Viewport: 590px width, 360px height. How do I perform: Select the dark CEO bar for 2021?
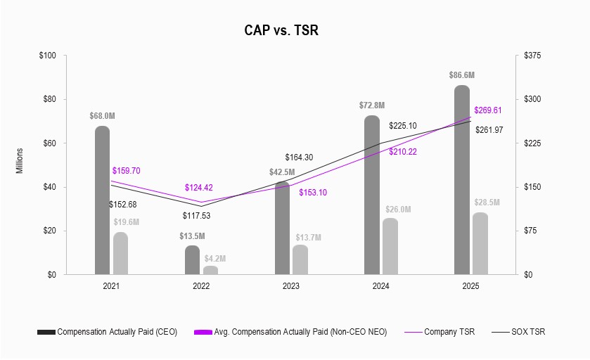(103, 200)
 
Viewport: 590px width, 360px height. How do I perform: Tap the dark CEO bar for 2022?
(193, 260)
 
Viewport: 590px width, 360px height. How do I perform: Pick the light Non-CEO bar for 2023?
(300, 259)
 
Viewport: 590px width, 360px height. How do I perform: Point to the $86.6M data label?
(462, 75)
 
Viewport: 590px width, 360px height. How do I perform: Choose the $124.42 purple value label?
(201, 188)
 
